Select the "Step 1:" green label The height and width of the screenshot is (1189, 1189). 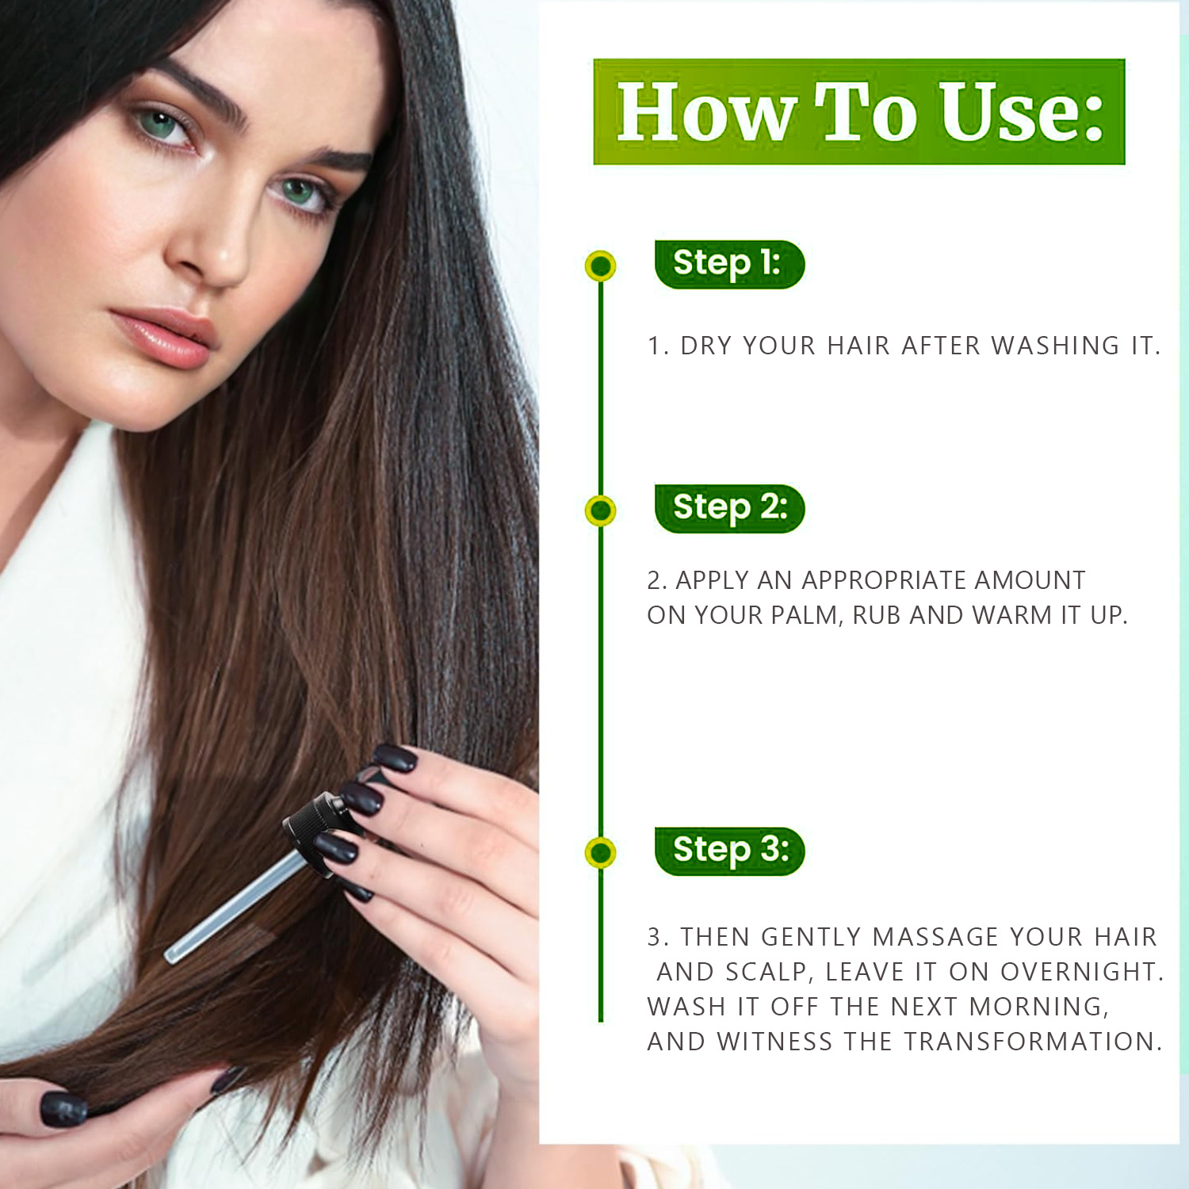point(729,264)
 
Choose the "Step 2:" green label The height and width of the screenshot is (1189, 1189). point(729,508)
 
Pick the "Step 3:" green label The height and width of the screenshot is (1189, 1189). point(729,851)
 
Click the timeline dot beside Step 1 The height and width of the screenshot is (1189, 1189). point(601,266)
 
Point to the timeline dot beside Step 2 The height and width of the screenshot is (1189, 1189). point(601,510)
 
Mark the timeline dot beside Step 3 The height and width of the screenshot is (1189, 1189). point(601,853)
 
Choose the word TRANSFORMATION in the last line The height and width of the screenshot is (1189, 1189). point(1033,1042)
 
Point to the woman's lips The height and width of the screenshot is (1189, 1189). point(165,336)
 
